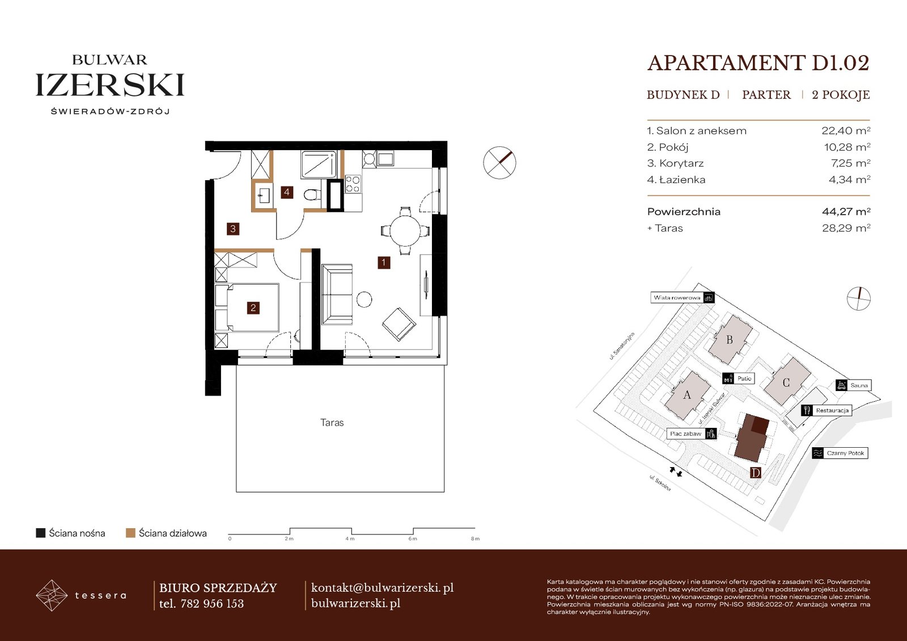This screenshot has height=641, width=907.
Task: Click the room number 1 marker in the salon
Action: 383,262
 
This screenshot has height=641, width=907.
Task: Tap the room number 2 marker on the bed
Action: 253,308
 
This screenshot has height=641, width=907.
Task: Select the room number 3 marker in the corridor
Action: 233,229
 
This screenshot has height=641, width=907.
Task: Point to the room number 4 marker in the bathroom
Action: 287,192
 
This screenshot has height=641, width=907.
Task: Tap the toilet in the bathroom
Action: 312,195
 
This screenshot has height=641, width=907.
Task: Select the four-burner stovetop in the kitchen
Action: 352,184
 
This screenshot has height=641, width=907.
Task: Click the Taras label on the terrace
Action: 332,423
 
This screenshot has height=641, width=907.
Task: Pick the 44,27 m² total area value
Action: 846,211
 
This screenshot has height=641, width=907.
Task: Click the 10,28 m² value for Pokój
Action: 847,147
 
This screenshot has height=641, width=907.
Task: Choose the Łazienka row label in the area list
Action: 676,180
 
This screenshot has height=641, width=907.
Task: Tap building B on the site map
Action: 730,339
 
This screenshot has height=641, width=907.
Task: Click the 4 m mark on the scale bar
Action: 350,538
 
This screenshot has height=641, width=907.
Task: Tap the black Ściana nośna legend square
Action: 40,533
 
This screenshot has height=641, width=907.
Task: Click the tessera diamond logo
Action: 52,595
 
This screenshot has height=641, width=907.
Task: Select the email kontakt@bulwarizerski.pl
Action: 382,588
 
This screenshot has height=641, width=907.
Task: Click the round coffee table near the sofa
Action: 365,300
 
